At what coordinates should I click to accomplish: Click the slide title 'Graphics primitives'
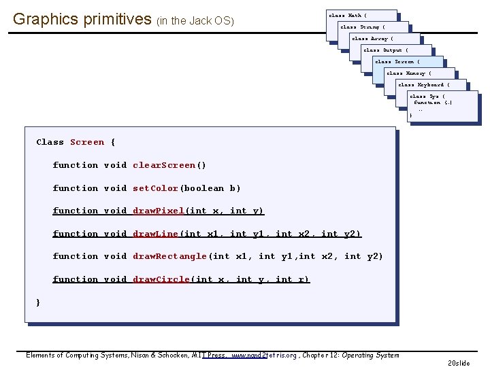(x=82, y=19)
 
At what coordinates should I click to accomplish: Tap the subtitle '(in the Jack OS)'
(x=195, y=21)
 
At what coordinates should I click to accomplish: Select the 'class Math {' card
(x=348, y=15)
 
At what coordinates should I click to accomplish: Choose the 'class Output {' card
(x=385, y=50)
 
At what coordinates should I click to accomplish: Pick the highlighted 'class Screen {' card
(x=397, y=62)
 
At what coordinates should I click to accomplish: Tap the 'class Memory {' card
(x=409, y=73)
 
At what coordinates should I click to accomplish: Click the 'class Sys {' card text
(x=427, y=97)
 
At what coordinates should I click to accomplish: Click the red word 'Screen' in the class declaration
(x=87, y=142)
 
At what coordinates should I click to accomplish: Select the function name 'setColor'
(x=155, y=188)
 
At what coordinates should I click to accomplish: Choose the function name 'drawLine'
(x=155, y=234)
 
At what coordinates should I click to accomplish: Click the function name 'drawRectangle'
(x=169, y=256)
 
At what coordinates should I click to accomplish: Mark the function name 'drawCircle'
(x=161, y=279)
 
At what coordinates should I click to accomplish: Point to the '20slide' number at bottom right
(x=458, y=363)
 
